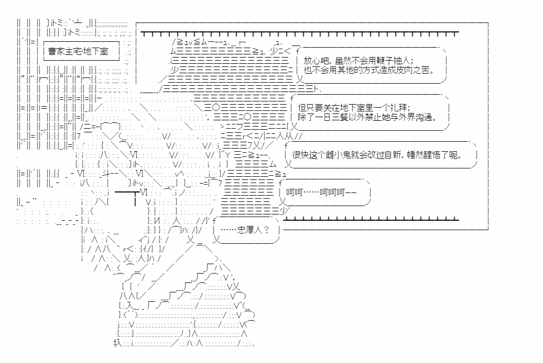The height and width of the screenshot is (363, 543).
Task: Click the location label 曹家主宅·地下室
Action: point(78,51)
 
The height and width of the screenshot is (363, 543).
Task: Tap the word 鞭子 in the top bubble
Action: point(383,61)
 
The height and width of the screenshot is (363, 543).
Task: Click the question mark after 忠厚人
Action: point(266,230)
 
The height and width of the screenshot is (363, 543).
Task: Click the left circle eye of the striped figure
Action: point(216,108)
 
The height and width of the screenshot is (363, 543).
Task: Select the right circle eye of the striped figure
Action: point(247,117)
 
